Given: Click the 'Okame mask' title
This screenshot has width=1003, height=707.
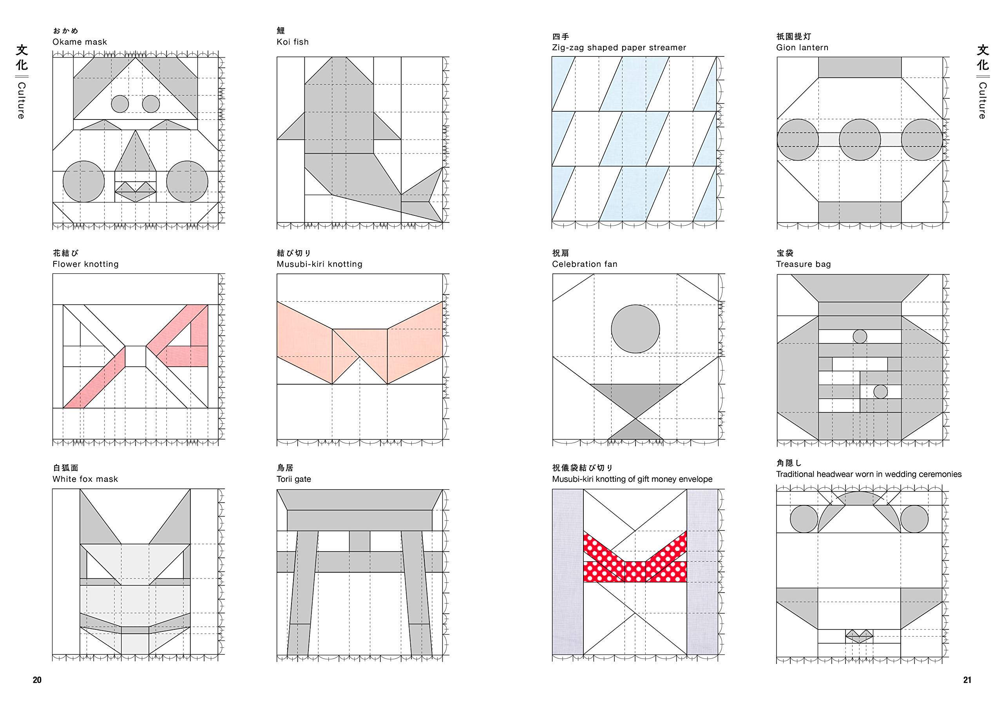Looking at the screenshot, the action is click(x=80, y=42).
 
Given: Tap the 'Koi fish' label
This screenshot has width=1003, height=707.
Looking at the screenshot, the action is click(x=292, y=42).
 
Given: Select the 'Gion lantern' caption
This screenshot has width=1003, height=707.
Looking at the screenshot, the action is click(x=802, y=48).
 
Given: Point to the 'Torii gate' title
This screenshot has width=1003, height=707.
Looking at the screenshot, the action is click(x=293, y=479).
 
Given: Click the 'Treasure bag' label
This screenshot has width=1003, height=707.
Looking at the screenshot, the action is click(x=803, y=264).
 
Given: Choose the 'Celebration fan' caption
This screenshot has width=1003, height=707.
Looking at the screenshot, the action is click(x=585, y=264).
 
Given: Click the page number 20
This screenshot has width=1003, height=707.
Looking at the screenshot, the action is click(x=37, y=680).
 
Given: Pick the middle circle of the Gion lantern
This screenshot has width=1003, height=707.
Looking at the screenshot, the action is click(x=859, y=140).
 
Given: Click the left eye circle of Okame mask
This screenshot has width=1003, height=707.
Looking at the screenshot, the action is click(x=120, y=104).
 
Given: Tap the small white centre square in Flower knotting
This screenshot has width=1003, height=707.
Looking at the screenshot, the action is click(x=136, y=356).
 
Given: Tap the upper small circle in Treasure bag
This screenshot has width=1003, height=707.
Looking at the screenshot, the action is click(x=859, y=336).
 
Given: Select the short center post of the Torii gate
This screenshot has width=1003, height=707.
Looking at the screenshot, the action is click(x=359, y=541).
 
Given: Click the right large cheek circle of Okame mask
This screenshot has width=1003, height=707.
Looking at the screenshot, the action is click(x=187, y=181).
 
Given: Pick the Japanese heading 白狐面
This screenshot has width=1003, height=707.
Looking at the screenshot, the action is click(x=65, y=468).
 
